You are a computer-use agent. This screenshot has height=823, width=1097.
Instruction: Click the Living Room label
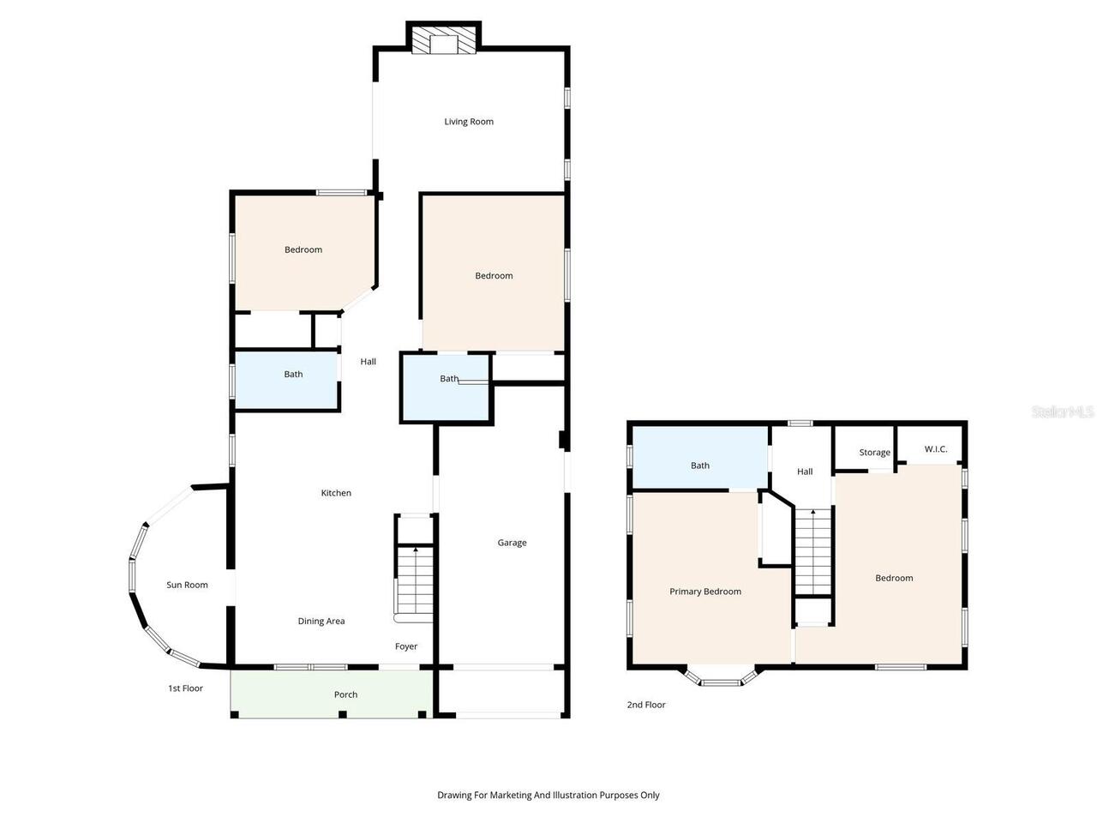468,122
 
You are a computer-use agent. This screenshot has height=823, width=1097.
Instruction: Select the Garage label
512,543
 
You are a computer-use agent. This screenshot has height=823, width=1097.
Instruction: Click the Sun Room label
187,585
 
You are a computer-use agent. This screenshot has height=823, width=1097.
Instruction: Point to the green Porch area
332,694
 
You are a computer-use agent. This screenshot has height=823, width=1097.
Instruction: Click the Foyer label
406,646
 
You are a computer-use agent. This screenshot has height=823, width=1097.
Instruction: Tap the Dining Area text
321,622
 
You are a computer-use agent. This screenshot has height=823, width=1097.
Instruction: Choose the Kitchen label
336,493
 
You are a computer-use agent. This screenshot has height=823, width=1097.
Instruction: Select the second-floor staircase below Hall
813,551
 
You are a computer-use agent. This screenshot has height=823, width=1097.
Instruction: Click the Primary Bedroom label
705,592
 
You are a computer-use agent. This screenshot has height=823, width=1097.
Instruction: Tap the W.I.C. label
936,449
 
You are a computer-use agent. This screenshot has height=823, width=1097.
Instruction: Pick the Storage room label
875,453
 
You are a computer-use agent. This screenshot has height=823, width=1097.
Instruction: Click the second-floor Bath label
699,466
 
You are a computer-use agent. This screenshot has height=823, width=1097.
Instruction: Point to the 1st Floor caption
185,688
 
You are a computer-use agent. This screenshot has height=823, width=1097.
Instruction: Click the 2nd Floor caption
646,705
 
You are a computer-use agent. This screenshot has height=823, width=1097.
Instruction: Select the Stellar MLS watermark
1062,411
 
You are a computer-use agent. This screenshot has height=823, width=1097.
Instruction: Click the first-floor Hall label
368,362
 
